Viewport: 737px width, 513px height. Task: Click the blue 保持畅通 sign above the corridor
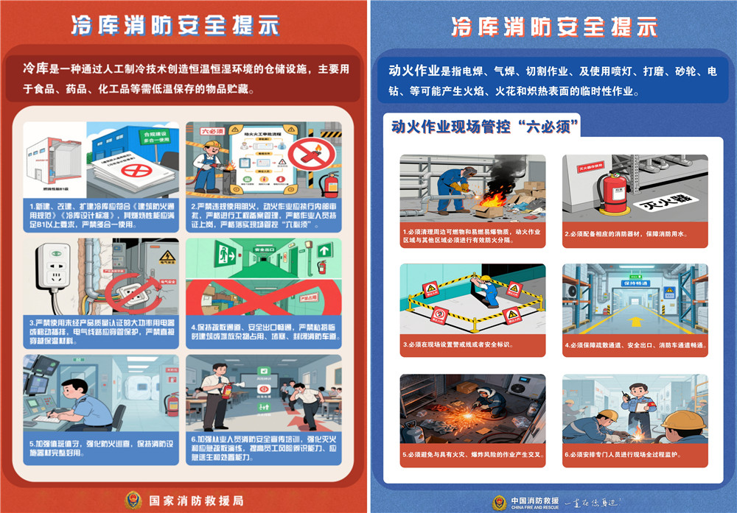tap(636, 283)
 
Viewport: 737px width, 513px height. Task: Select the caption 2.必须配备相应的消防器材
tap(628, 234)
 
